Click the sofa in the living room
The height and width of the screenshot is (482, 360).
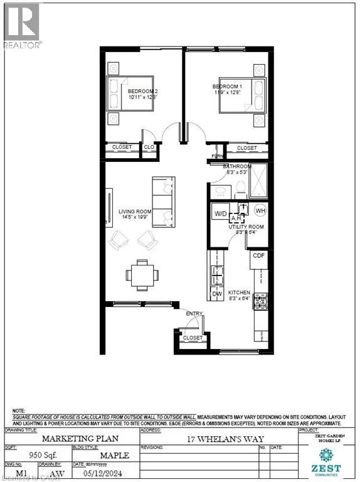click(164, 202)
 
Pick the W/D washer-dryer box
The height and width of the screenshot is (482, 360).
click(221, 213)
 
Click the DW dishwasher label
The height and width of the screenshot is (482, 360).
click(217, 293)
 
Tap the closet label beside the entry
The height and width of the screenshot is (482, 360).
click(193, 338)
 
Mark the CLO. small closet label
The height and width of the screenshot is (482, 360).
click(149, 147)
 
